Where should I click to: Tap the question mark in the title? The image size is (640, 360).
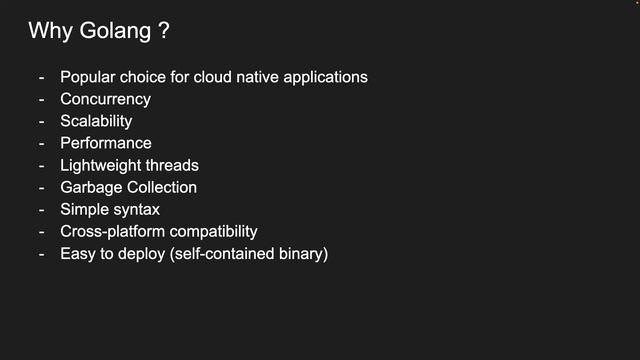[x=162, y=31]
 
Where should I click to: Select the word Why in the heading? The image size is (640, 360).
[x=49, y=31]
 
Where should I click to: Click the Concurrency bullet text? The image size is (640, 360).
[x=105, y=99]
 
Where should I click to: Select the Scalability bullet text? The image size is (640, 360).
[x=96, y=121]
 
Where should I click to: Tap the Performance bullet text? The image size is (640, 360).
[x=105, y=143]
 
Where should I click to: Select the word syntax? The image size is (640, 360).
[x=135, y=209]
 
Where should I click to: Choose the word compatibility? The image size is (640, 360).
[x=211, y=231]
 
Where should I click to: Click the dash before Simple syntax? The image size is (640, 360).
[x=42, y=209]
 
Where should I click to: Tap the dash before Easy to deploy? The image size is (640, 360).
[x=42, y=253]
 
